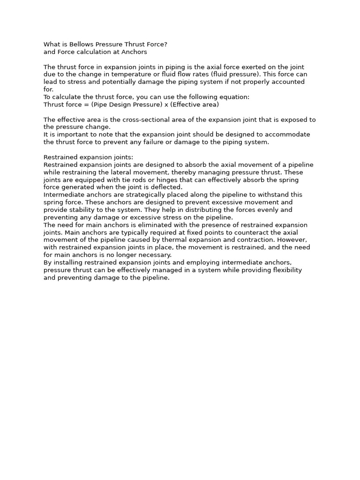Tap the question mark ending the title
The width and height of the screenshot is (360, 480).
point(165,45)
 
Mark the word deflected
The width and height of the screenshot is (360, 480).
point(166,187)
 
